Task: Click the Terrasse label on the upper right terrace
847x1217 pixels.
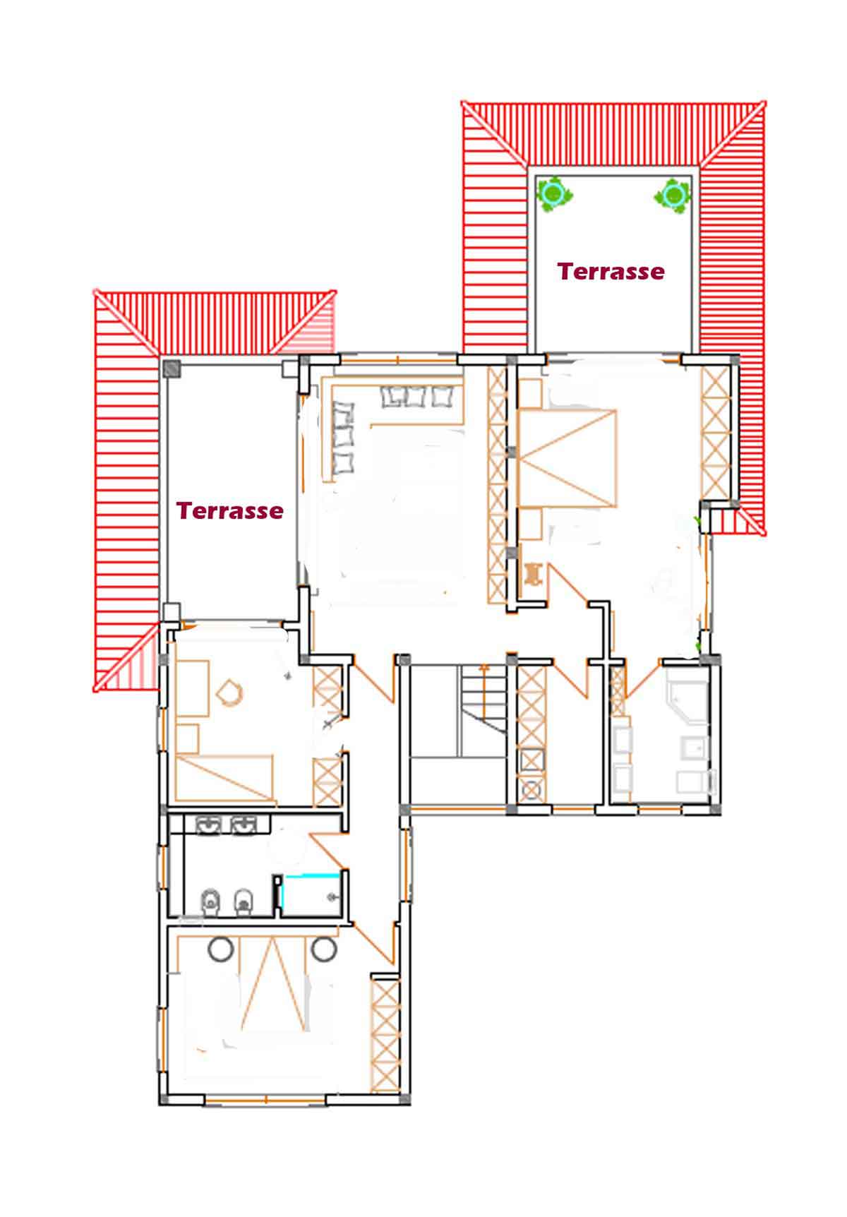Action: click(611, 271)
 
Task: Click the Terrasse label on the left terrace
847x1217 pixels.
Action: click(230, 510)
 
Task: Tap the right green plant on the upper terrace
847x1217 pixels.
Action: click(674, 193)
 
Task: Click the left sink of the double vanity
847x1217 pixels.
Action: click(210, 824)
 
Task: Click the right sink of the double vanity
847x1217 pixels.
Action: click(244, 824)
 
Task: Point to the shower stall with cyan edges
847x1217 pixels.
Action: click(311, 895)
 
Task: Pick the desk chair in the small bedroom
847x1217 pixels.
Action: click(229, 692)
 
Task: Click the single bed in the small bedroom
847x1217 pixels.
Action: click(224, 777)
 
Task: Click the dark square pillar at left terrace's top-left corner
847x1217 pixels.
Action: click(172, 369)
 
